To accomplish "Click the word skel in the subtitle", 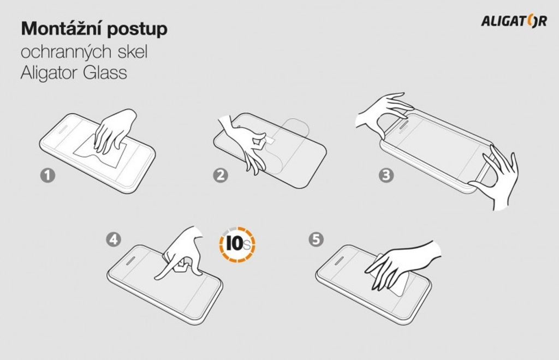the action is pyautogui.click(x=132, y=51).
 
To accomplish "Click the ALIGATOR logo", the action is pyautogui.click(x=514, y=21).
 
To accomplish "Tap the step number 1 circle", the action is pyautogui.click(x=48, y=175).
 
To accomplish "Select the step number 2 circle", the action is pyautogui.click(x=221, y=175).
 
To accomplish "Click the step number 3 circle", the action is pyautogui.click(x=386, y=175).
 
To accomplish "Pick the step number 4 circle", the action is pyautogui.click(x=114, y=239).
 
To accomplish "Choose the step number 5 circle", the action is pyautogui.click(x=316, y=239).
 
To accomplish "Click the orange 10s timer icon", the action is pyautogui.click(x=237, y=244).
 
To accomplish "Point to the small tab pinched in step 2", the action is pyautogui.click(x=270, y=140).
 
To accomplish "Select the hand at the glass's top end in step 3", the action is pyautogui.click(x=383, y=114).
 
